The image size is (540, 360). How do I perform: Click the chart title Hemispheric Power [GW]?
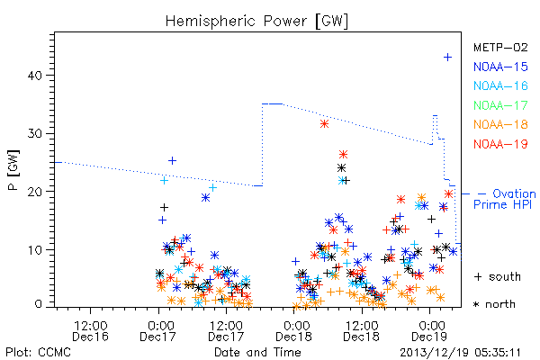pyautogui.click(x=256, y=21)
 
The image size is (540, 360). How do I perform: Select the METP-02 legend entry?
pyautogui.click(x=500, y=47)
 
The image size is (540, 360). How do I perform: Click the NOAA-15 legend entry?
pyautogui.click(x=500, y=67)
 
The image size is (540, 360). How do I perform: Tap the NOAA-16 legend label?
pyautogui.click(x=500, y=85)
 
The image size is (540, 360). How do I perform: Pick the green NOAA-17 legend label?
pyautogui.click(x=500, y=105)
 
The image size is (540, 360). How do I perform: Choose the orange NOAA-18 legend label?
pyautogui.click(x=500, y=124)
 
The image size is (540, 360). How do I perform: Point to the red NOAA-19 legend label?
pyautogui.click(x=500, y=144)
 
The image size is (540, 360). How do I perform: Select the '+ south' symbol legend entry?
pyautogui.click(x=498, y=276)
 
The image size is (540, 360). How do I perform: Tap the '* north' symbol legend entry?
pyautogui.click(x=494, y=304)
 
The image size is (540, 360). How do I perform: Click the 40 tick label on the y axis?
pyautogui.click(x=35, y=76)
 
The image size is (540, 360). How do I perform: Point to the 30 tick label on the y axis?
pyautogui.click(x=35, y=134)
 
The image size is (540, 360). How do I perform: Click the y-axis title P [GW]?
pyautogui.click(x=13, y=170)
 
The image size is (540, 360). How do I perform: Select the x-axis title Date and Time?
pyautogui.click(x=257, y=353)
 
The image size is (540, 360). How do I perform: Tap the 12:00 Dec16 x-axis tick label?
pyautogui.click(x=91, y=330)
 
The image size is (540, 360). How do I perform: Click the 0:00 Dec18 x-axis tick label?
pyautogui.click(x=293, y=330)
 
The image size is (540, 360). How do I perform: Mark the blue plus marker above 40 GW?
pyautogui.click(x=447, y=58)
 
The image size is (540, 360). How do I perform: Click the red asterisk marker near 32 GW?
pyautogui.click(x=324, y=124)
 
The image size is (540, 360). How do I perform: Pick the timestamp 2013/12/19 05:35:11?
pyautogui.click(x=460, y=353)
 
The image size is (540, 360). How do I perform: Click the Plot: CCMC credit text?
pyautogui.click(x=38, y=353)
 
